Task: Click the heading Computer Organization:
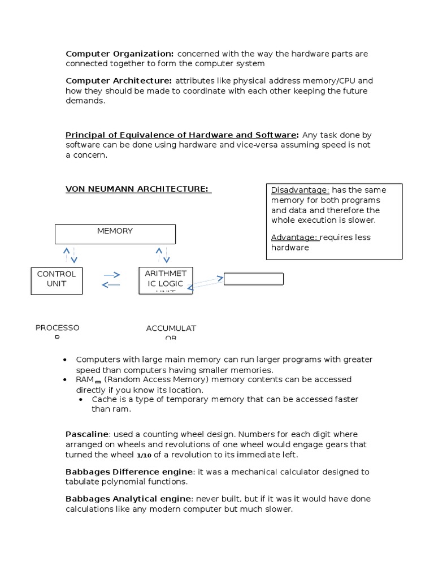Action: pyautogui.click(x=120, y=54)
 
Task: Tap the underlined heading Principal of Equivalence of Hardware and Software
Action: pyautogui.click(x=181, y=135)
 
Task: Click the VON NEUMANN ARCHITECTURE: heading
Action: pyautogui.click(x=138, y=189)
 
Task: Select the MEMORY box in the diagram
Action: pyautogui.click(x=115, y=234)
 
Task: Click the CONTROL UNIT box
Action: pyautogui.click(x=57, y=280)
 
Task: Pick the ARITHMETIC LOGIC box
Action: pyautogui.click(x=166, y=280)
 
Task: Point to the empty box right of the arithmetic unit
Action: pyautogui.click(x=254, y=279)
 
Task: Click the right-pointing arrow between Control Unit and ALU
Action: pyautogui.click(x=112, y=275)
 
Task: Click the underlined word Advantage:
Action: pyautogui.click(x=294, y=237)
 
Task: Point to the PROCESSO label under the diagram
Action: pyautogui.click(x=58, y=328)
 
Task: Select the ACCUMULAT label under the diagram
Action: pyautogui.click(x=171, y=329)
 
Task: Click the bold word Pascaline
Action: pyautogui.click(x=88, y=434)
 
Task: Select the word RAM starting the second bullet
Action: pyautogui.click(x=84, y=379)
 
